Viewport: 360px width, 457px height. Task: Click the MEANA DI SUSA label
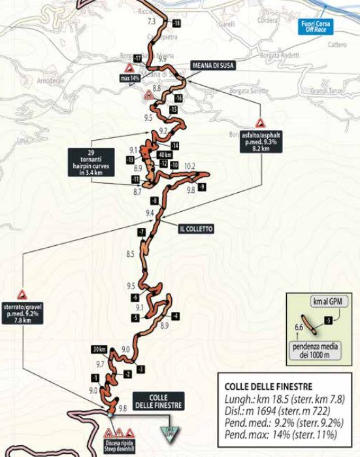click(213, 65)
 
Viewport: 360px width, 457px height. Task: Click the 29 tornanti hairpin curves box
click(91, 162)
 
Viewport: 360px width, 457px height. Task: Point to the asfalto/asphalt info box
click(260, 141)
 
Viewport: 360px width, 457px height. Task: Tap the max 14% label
click(131, 78)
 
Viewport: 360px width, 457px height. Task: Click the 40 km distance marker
click(165, 154)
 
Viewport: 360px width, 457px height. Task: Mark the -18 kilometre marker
click(176, 23)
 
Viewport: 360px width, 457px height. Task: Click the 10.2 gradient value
click(190, 166)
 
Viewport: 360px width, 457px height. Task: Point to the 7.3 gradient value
click(152, 22)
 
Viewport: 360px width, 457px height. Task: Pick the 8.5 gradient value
click(130, 254)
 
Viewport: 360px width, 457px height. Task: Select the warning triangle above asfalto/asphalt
click(260, 123)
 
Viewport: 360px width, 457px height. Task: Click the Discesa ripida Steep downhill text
click(121, 449)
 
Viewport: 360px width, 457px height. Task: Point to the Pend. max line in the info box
click(284, 434)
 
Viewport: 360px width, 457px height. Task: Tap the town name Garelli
click(227, 24)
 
